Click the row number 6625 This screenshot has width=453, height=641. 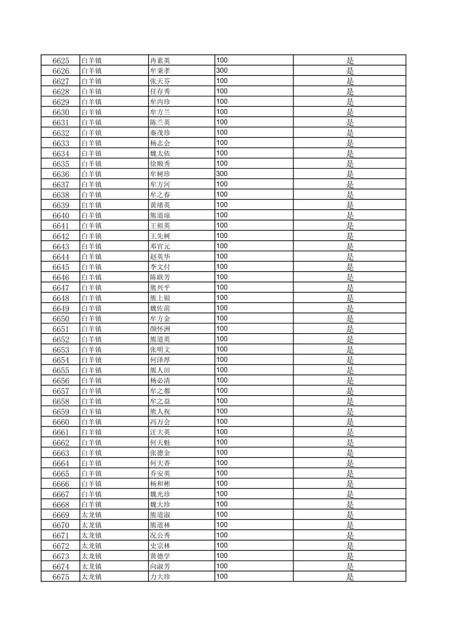(61, 61)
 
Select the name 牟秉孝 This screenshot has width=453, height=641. (160, 71)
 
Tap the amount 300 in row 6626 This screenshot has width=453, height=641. (222, 70)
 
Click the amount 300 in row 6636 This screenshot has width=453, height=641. (222, 174)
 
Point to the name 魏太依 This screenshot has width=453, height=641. (160, 154)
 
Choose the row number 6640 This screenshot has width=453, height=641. (61, 215)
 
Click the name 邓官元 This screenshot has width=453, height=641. (160, 246)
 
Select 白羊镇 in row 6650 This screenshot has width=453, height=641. (92, 319)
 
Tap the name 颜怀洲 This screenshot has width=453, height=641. (160, 329)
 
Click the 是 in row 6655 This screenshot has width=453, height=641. (350, 370)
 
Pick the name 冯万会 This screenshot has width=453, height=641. (160, 422)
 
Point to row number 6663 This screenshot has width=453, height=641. (61, 453)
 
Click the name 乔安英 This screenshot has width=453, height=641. (160, 474)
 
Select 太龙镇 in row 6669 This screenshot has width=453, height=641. (92, 515)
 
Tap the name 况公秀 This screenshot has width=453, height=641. (160, 536)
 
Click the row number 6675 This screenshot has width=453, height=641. (61, 577)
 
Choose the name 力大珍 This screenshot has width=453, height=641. (160, 577)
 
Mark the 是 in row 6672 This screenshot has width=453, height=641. (350, 546)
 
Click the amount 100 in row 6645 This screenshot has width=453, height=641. (222, 267)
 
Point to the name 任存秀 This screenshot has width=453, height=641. (160, 92)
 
